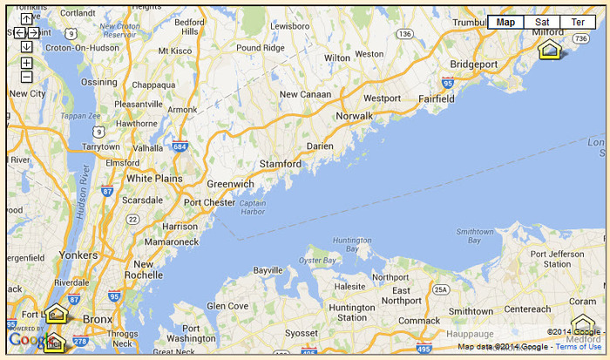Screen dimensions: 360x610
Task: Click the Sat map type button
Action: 542,22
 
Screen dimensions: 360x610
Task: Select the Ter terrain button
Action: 578,22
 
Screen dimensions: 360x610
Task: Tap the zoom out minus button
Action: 27,78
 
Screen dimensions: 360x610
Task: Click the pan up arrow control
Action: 27,18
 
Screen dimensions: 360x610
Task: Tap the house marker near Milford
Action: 550,50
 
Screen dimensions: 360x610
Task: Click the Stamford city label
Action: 281,164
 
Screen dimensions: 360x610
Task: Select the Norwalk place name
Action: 355,116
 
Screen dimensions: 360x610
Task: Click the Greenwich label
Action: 230,184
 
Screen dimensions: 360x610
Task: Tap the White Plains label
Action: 155,178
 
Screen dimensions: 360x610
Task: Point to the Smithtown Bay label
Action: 475,236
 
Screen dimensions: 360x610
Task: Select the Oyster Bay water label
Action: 317,260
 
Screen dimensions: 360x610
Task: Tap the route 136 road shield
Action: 403,34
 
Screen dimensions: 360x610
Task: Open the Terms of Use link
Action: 579,347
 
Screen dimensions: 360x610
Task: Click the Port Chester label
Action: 210,203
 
